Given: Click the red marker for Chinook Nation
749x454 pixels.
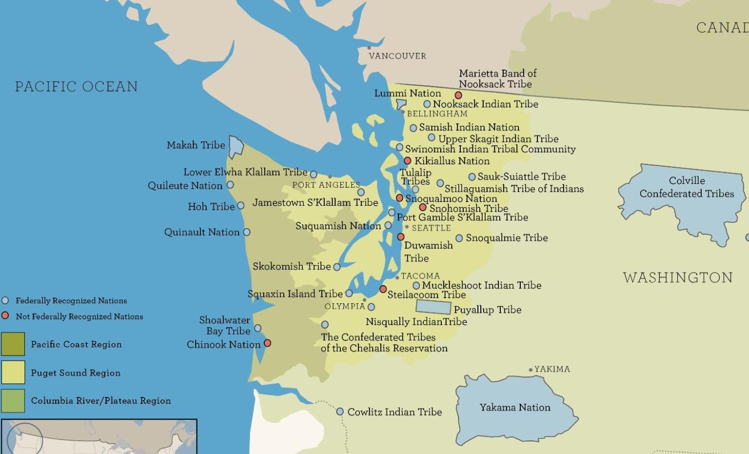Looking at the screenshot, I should click(x=267, y=343).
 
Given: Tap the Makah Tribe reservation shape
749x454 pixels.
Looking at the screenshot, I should click(x=236, y=146).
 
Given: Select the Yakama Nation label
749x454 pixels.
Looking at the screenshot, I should click(x=515, y=408).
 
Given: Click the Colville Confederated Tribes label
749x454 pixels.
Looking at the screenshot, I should click(x=687, y=187).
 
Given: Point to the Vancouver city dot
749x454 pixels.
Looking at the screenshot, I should click(x=369, y=48).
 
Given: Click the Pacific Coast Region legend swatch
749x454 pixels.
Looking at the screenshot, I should click(x=13, y=344).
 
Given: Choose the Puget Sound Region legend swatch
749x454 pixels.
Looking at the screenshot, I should click(x=13, y=373).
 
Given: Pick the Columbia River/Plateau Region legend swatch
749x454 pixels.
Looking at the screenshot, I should click(x=13, y=400).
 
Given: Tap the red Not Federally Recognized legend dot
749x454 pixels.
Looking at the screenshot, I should click(x=5, y=316).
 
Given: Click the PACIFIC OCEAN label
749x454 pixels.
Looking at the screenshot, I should click(x=76, y=87).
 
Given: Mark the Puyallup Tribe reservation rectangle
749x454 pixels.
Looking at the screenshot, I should click(x=433, y=307).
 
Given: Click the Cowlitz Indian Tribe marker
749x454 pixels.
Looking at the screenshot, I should click(x=340, y=412).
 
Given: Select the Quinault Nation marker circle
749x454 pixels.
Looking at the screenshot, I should click(x=247, y=232).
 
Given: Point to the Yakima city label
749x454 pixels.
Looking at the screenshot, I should click(x=552, y=369).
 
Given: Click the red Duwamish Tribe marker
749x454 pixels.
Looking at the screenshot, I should click(x=401, y=237).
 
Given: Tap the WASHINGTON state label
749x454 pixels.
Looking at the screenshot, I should click(x=678, y=277).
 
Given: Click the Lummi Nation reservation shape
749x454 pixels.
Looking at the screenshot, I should click(x=401, y=104).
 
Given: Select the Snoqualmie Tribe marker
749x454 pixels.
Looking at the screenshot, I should click(x=459, y=238).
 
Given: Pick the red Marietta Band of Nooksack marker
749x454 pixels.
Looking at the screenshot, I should click(x=458, y=95).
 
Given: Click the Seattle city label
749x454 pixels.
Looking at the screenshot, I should click(x=431, y=228).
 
